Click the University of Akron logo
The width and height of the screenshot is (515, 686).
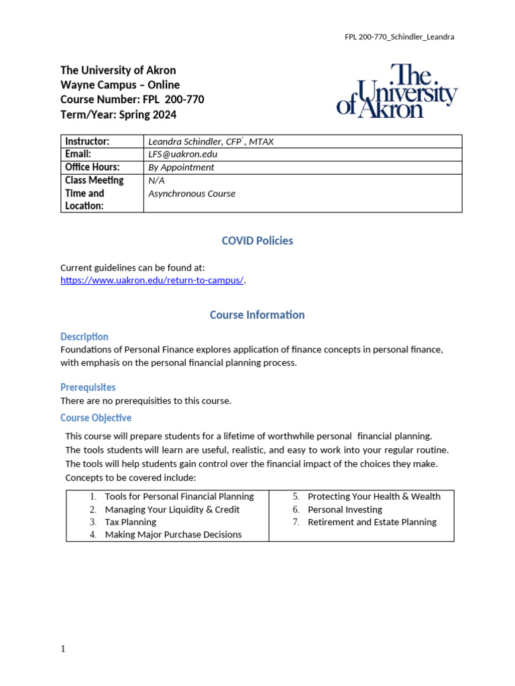pos(397,91)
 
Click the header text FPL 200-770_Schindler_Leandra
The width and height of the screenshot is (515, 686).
pos(399,37)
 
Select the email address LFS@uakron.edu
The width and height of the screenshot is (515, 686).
pos(182,154)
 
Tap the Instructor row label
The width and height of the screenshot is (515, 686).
pos(87,141)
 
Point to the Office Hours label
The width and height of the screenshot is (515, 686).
pos(92,167)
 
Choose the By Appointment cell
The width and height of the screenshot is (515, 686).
pos(181,167)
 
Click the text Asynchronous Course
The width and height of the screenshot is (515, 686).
pos(192,194)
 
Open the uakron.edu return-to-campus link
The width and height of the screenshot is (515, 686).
pos(152,281)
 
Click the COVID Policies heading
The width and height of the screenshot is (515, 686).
pos(257,241)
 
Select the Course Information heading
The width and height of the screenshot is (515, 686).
pos(257,315)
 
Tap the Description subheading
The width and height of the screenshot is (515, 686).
pos(84,337)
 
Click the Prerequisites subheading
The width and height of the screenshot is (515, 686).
pos(88,387)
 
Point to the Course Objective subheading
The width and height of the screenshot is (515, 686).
pos(96,418)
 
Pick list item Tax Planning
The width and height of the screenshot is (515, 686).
pos(130,522)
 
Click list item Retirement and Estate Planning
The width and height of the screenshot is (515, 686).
pos(371,522)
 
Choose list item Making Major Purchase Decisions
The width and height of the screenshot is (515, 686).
pos(173,535)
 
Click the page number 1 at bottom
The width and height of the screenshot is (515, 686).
pos(63,649)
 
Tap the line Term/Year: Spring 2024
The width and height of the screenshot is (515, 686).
pos(119,115)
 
